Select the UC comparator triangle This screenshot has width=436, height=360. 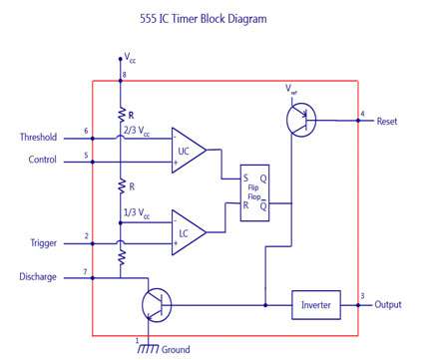187,151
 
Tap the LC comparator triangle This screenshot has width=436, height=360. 187,233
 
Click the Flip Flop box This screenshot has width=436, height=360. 254,192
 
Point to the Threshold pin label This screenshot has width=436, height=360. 39,138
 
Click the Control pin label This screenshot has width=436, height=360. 43,159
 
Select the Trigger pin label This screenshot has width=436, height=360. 44,242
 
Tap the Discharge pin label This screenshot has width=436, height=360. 38,276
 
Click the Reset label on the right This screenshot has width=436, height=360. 388,121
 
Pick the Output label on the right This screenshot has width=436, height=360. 389,305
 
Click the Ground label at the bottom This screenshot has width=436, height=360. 175,349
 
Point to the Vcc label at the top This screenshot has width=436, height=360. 130,60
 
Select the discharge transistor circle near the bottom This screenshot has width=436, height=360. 157,305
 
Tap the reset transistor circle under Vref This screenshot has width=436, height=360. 298,120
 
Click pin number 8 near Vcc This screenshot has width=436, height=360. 124,76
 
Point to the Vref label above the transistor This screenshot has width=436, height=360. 291,90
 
